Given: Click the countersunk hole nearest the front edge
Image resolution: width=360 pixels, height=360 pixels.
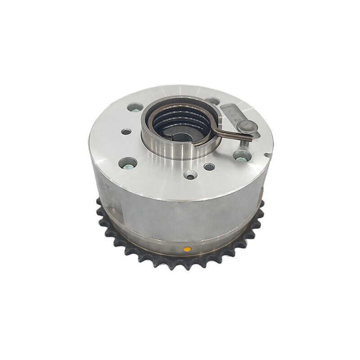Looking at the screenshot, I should [191, 175].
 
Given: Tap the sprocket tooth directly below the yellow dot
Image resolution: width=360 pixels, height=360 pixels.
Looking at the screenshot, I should [186, 265].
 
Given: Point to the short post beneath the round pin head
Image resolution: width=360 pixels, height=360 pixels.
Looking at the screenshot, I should [245, 139].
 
